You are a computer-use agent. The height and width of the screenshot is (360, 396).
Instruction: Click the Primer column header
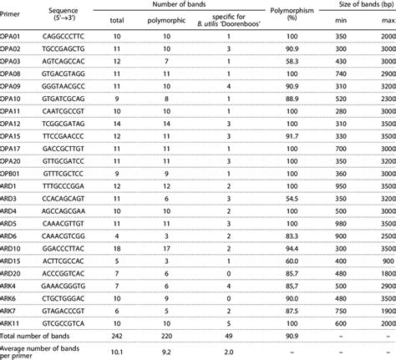click(12, 26)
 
